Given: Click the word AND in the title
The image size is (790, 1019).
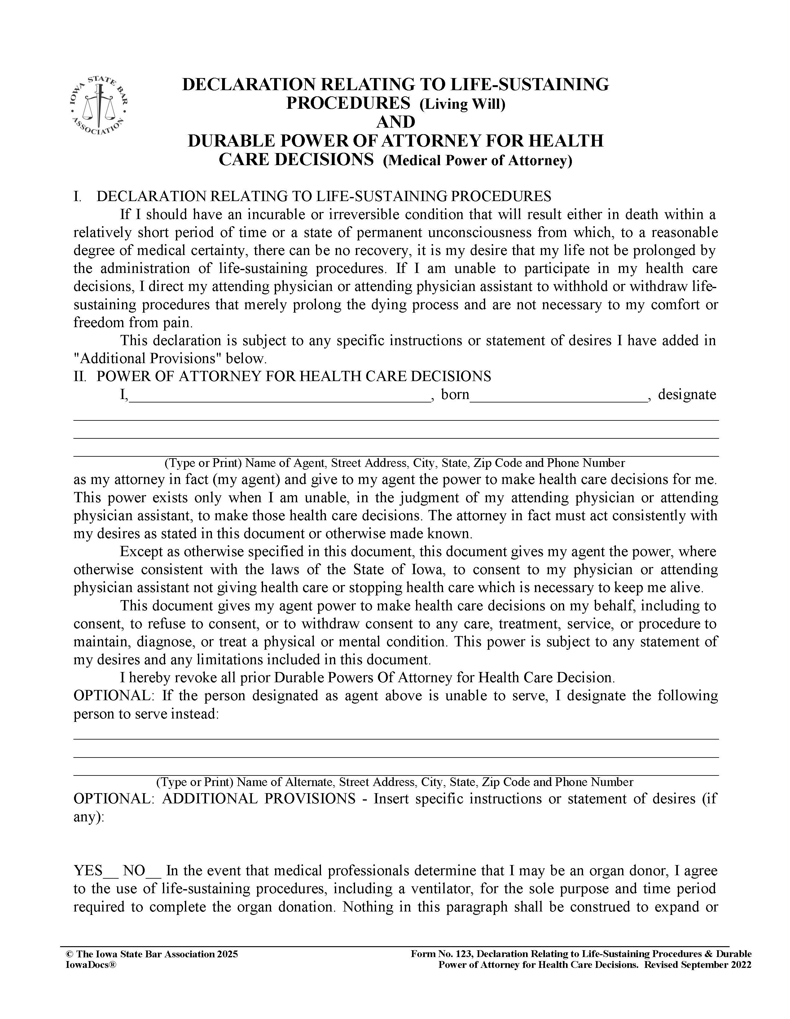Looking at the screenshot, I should pos(395,122).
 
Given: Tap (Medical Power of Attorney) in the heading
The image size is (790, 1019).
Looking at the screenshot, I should pos(477,160).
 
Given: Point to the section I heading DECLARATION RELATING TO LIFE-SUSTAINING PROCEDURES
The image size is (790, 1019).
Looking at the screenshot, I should pos(323,196).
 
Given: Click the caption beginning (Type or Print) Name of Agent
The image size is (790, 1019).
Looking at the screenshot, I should pos(394,463).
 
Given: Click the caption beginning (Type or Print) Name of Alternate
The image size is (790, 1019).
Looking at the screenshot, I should pos(394,782).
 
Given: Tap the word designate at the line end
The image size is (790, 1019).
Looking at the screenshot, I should pos(687,395).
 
